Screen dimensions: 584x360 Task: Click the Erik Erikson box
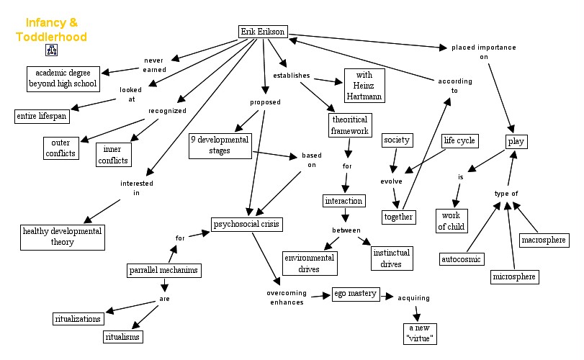coord(263,32)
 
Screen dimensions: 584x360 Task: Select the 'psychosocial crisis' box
coord(246,224)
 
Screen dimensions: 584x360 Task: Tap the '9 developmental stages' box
coord(220,145)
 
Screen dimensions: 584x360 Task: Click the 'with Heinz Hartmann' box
coord(364,86)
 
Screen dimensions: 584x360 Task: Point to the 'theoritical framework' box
coord(350,125)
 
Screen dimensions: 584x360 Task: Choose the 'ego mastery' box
coord(356,294)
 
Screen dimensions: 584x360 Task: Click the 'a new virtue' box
coord(420,333)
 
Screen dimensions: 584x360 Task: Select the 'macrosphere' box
coord(544,240)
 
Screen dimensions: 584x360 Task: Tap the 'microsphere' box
coord(514,276)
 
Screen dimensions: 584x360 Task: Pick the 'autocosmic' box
coord(462,259)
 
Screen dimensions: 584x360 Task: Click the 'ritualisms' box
coord(122,337)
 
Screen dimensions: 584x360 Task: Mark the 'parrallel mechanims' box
coord(164,270)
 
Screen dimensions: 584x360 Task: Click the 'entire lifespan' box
coord(42,116)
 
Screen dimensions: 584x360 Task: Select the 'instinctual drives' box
coord(392,258)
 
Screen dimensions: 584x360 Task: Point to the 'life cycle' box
coord(459,140)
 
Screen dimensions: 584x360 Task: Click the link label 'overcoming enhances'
coord(287,297)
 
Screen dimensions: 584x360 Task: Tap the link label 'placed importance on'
coord(483,52)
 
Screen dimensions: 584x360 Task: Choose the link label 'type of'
coord(506,194)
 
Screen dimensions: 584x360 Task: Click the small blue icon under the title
coord(51,50)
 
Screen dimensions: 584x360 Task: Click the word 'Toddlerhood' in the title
coord(51,37)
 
